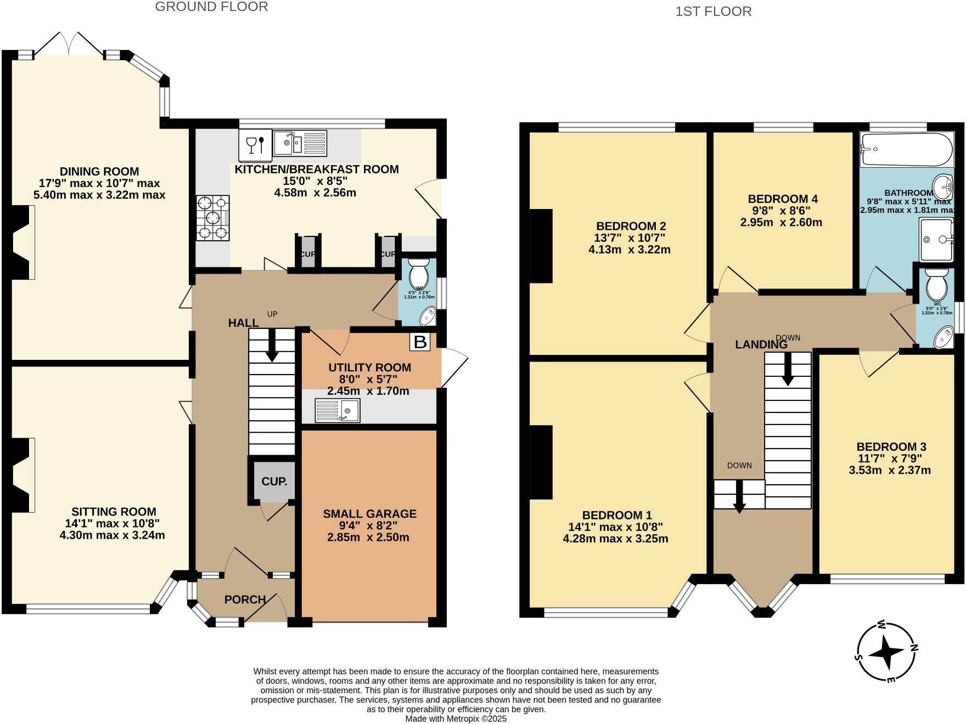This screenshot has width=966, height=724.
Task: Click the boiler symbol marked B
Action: (420, 342)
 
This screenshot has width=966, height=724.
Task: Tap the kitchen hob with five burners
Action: (213, 218)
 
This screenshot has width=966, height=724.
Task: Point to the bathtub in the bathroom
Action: (906, 149)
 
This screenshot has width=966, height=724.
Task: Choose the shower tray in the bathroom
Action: (936, 240)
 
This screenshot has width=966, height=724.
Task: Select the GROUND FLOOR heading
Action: (211, 7)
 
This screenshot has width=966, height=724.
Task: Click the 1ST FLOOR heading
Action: (713, 12)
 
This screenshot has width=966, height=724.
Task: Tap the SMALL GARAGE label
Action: (369, 514)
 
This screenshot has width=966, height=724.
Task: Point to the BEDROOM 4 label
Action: (782, 199)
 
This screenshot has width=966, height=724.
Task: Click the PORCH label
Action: (245, 599)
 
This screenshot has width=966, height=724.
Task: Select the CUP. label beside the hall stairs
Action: (274, 482)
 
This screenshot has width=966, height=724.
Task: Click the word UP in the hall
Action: (272, 314)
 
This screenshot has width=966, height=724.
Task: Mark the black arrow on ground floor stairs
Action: (272, 351)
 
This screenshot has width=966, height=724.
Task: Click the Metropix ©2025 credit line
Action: (456, 719)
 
